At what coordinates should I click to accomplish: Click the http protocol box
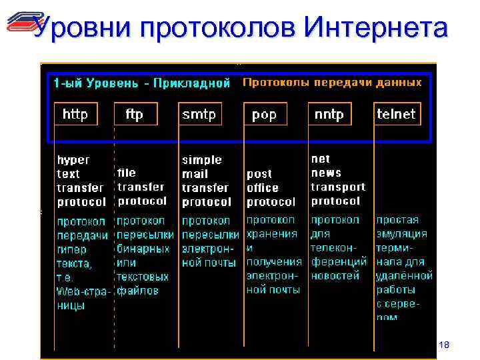click(75, 115)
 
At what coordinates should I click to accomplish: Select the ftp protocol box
click(134, 115)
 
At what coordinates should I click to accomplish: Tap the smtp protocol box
click(199, 115)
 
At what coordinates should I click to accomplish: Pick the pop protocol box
click(265, 115)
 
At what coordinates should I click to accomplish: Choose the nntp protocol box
click(329, 115)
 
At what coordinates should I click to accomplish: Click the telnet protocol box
click(396, 115)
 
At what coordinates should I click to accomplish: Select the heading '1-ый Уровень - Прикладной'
click(141, 83)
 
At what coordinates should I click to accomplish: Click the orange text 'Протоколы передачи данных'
click(332, 83)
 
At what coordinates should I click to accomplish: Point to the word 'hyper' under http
click(73, 160)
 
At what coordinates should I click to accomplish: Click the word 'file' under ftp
click(127, 173)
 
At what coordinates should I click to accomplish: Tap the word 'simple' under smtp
click(202, 160)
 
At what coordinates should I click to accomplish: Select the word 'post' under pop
click(259, 174)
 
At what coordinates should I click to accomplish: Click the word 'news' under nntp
click(326, 173)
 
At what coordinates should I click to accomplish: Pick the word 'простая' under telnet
click(398, 220)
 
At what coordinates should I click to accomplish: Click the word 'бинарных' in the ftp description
click(143, 248)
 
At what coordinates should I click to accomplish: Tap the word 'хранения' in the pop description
click(272, 234)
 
